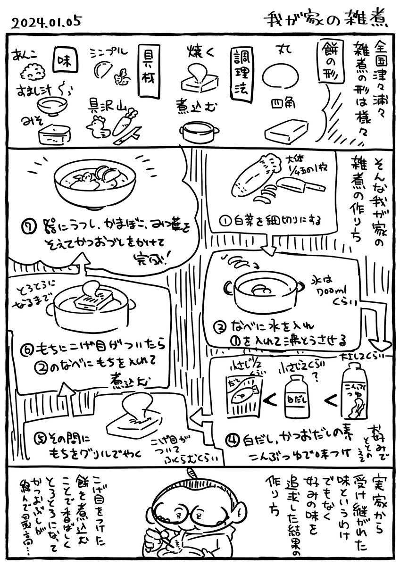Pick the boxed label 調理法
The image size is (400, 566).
coord(238,70)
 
